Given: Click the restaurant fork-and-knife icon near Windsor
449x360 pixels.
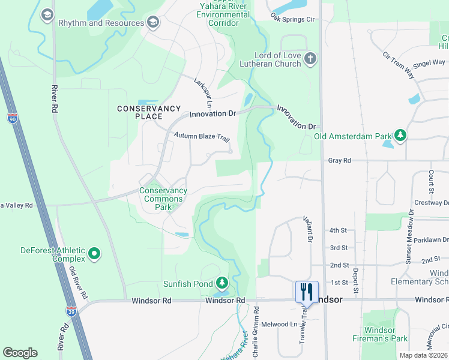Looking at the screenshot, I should click(x=307, y=292).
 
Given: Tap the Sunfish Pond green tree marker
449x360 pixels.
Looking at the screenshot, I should click(x=222, y=283).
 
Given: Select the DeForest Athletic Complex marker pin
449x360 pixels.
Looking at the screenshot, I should click(x=94, y=254).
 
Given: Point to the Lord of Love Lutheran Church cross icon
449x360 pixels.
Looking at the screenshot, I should click(x=310, y=59).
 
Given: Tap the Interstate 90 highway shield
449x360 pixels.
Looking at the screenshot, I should click(x=13, y=119).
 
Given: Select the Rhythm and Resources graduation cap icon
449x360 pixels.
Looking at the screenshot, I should click(x=154, y=23).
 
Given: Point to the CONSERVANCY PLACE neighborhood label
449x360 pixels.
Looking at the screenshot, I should click(x=149, y=112).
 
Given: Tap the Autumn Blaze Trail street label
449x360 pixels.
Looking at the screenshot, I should click(x=202, y=137).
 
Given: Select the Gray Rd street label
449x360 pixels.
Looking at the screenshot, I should click(x=339, y=160).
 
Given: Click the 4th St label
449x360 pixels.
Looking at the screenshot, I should click(x=338, y=230).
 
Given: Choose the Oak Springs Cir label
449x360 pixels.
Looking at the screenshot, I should click(x=292, y=19).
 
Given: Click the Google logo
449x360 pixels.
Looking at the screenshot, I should click(x=20, y=353).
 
